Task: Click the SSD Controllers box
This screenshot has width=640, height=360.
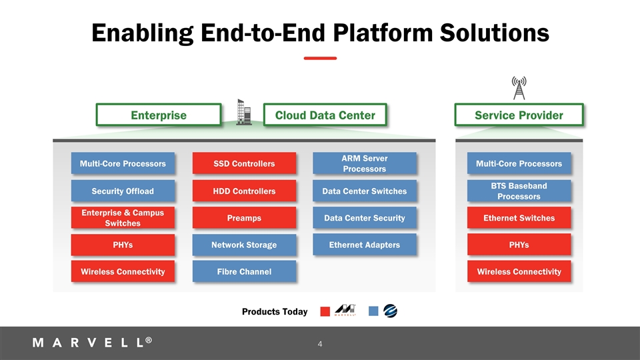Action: click(243, 164)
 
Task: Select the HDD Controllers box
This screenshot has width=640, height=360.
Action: click(243, 191)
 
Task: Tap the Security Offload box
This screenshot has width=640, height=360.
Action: click(122, 191)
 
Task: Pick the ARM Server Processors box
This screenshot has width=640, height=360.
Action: click(364, 163)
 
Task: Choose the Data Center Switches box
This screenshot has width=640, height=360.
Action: click(364, 191)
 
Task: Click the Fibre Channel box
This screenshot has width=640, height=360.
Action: click(243, 272)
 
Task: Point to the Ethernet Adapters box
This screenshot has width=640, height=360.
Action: click(364, 245)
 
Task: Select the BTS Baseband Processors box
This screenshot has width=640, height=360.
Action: click(519, 191)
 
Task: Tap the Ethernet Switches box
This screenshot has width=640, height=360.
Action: click(519, 218)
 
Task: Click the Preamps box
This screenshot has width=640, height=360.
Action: click(243, 218)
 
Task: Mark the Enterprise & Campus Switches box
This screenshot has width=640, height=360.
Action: click(122, 218)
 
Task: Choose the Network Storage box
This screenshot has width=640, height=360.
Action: click(243, 245)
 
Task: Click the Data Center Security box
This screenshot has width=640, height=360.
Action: click(364, 218)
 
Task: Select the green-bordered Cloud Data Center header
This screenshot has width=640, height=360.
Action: click(325, 115)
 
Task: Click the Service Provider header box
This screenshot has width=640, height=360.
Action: click(519, 115)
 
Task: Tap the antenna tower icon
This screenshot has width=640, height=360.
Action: click(519, 88)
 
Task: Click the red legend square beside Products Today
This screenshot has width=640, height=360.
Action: click(325, 311)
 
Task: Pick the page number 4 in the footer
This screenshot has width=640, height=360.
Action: click(320, 345)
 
